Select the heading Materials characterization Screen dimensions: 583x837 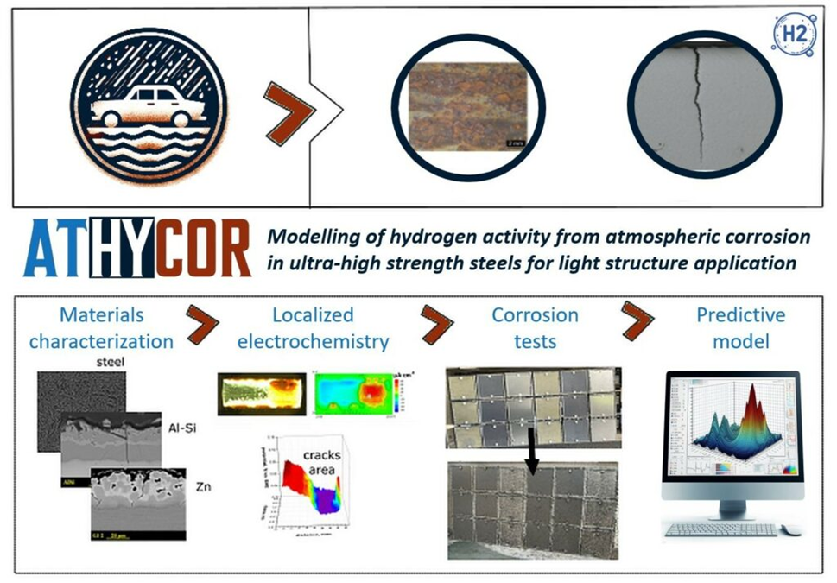(x=101, y=328)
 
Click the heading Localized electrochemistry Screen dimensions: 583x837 (x=313, y=328)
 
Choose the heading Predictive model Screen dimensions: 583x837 (x=741, y=328)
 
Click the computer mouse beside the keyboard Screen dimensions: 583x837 (x=791, y=529)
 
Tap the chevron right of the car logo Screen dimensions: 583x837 (x=289, y=111)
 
